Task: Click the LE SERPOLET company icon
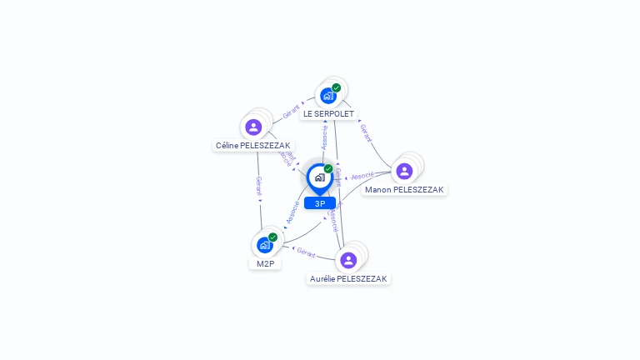[327, 95]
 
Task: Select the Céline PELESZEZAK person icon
[253, 127]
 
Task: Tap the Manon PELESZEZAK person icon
[404, 171]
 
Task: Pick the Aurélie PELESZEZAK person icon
[348, 260]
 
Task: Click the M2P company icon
[264, 245]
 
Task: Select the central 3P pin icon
[319, 177]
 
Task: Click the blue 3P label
[320, 203]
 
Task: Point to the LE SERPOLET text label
[328, 113]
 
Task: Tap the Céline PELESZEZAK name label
[253, 145]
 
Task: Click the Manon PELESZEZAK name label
[404, 189]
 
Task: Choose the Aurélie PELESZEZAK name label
[348, 278]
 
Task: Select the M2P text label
[265, 263]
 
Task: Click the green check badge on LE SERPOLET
[337, 87]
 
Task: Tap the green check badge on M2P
[272, 237]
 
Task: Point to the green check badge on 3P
[328, 169]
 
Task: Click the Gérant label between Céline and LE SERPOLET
[291, 112]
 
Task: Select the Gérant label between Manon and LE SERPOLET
[366, 132]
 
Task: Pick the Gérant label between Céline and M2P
[258, 185]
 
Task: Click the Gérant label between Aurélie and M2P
[306, 252]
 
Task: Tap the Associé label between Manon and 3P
[362, 176]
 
